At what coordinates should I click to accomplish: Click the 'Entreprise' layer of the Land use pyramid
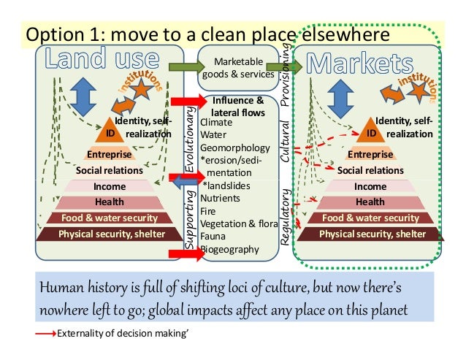click(x=110, y=155)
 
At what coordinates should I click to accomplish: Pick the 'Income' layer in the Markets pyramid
click(x=370, y=186)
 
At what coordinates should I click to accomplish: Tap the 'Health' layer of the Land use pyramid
click(x=110, y=202)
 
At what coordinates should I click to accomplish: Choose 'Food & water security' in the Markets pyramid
click(x=370, y=218)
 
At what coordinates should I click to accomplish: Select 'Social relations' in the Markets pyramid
click(x=370, y=170)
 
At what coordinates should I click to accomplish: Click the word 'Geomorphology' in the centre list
click(x=231, y=148)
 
